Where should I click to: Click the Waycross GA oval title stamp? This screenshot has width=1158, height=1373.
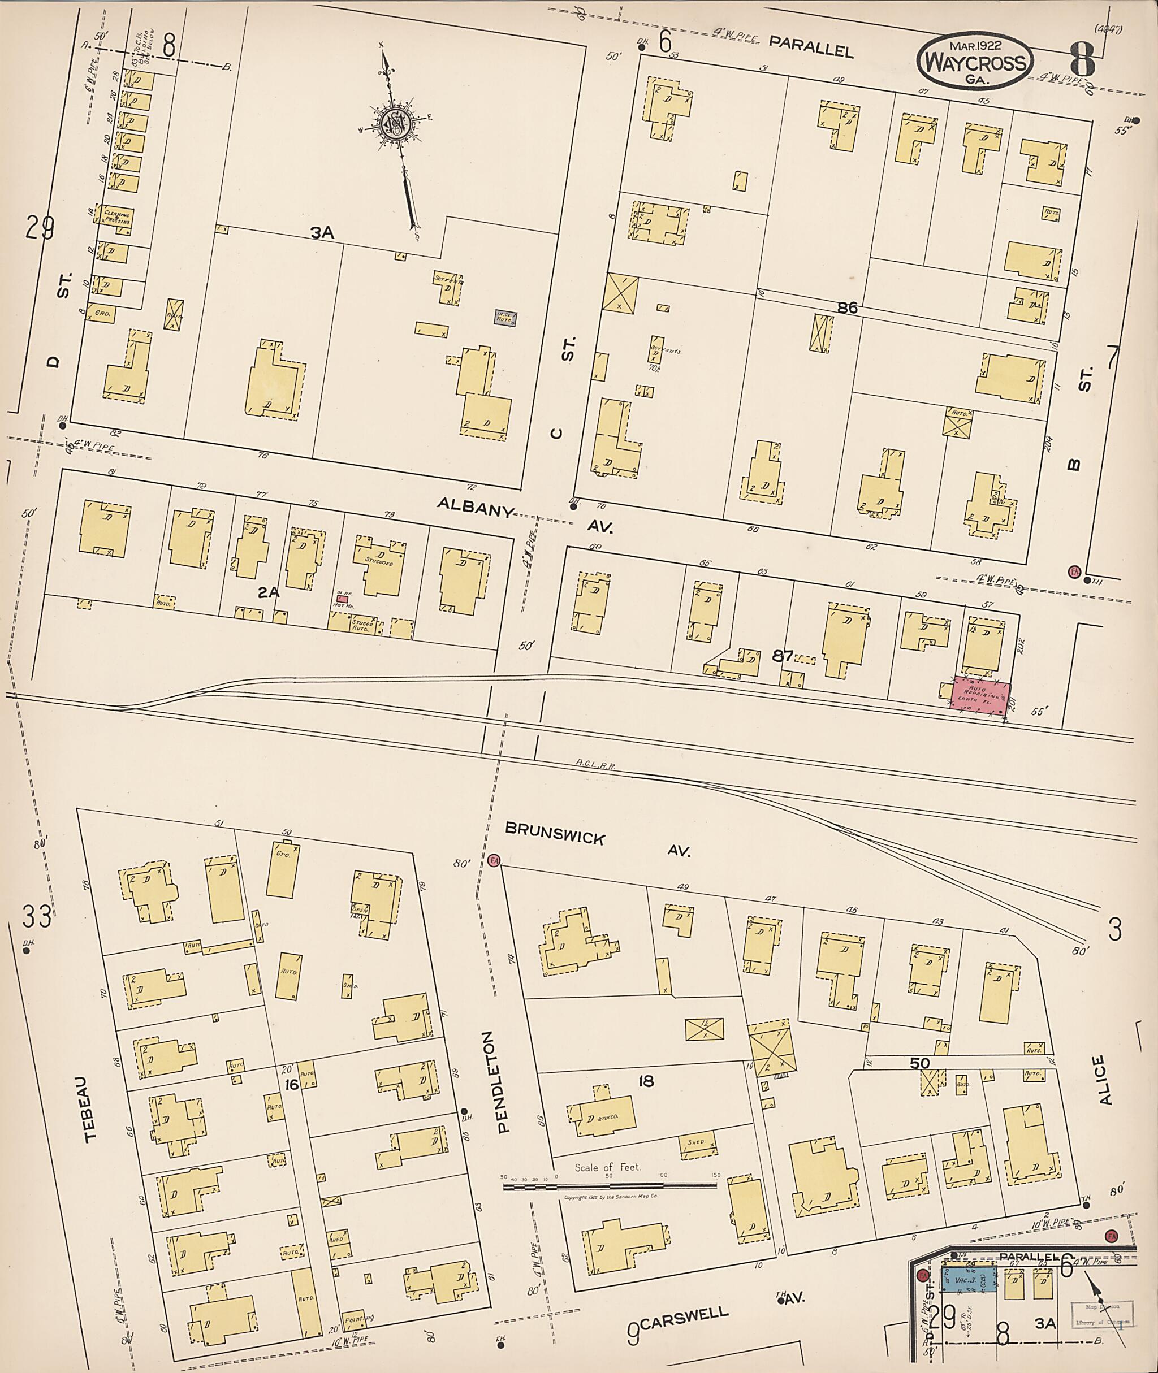click(x=975, y=62)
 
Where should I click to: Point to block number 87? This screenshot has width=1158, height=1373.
click(x=783, y=656)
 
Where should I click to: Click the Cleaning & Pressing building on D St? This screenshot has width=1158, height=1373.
click(x=115, y=217)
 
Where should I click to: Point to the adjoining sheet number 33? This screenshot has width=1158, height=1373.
click(x=36, y=917)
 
